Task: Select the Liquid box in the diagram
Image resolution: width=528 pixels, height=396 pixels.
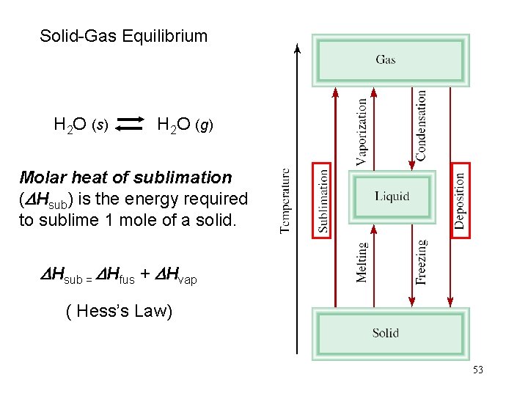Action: click(392, 197)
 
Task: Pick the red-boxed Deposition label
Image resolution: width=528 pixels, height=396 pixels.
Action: click(460, 199)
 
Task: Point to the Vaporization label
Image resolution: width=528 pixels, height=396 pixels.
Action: click(362, 132)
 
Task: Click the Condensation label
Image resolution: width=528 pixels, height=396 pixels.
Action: click(421, 125)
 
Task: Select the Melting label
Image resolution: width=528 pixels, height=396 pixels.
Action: click(362, 262)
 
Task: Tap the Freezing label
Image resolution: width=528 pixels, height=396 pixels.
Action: click(421, 262)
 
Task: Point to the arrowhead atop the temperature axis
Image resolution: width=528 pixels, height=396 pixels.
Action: click(297, 49)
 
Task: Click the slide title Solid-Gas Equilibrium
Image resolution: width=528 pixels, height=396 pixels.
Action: click(123, 36)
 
